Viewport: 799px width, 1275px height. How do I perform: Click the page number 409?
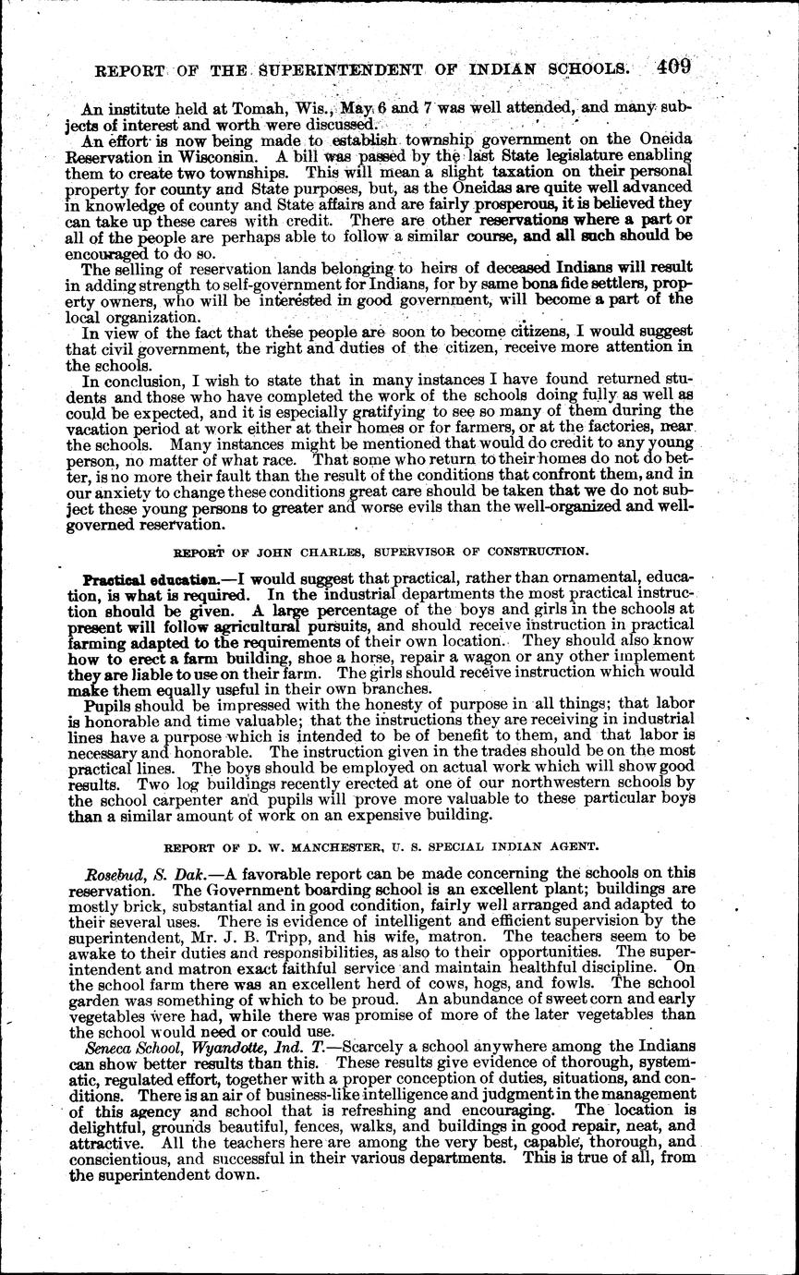click(675, 67)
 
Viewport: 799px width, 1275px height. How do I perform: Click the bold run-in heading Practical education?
click(139, 581)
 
